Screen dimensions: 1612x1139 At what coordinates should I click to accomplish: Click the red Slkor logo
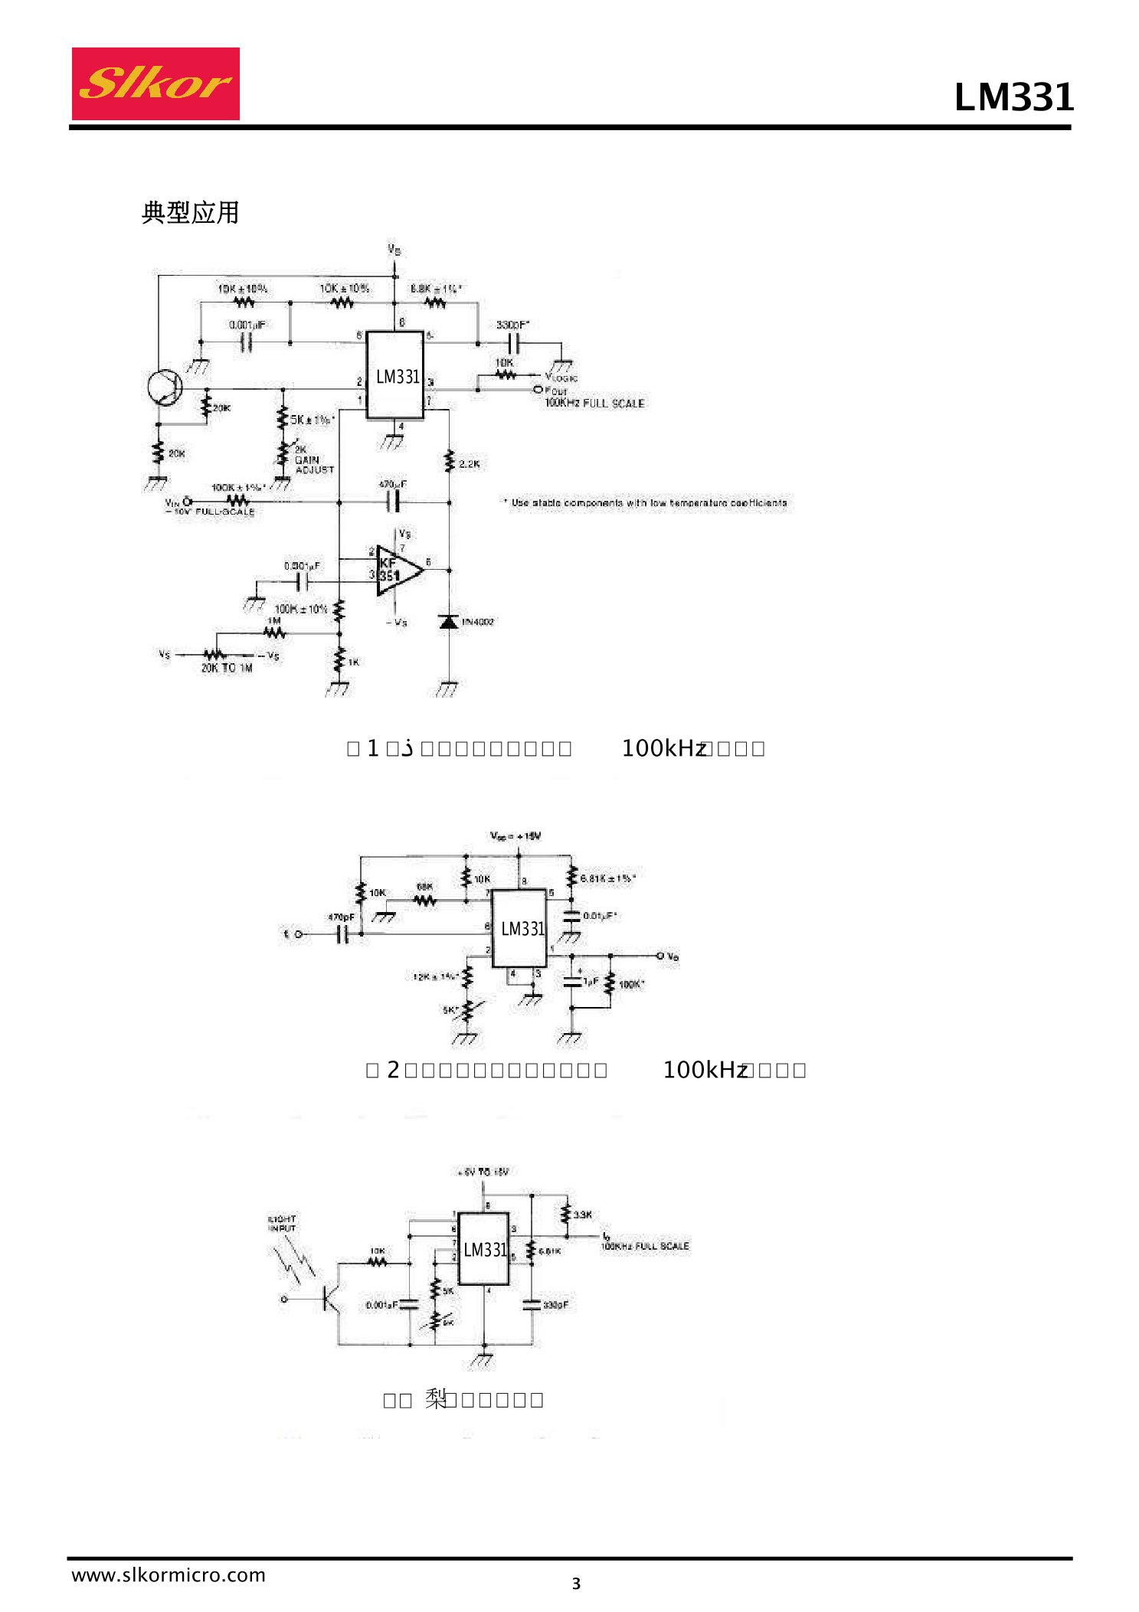tap(155, 83)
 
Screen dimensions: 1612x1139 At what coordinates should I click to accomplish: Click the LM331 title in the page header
tap(1013, 97)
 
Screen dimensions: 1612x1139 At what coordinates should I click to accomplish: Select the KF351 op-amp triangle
tap(397, 571)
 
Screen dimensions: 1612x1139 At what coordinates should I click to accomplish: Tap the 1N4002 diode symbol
tap(449, 621)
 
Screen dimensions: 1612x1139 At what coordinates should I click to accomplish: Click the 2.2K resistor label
tap(469, 464)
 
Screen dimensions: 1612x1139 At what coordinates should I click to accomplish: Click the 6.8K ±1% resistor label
tap(435, 289)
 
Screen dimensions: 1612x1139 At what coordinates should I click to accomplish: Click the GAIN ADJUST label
tap(313, 465)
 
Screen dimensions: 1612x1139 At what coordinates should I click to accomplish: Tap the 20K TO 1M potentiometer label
tap(227, 668)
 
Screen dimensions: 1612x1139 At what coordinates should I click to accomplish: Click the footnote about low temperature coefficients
tap(645, 503)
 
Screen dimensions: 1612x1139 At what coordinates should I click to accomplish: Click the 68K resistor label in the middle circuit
tap(424, 887)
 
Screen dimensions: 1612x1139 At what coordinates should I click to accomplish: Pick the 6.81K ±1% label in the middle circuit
tap(607, 878)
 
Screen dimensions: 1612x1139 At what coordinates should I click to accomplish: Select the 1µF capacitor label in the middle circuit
tap(591, 981)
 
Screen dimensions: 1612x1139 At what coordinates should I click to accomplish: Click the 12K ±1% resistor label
tap(434, 976)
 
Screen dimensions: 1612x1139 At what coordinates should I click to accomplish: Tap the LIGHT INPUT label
tap(282, 1223)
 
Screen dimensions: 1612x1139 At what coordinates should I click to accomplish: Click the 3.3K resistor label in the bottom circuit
tap(583, 1215)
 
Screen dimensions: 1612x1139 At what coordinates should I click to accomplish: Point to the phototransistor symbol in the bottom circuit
tap(331, 1299)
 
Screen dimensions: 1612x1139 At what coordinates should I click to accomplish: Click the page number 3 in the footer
tap(576, 1584)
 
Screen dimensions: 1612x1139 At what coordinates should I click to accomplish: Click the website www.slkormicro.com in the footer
tap(169, 1575)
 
